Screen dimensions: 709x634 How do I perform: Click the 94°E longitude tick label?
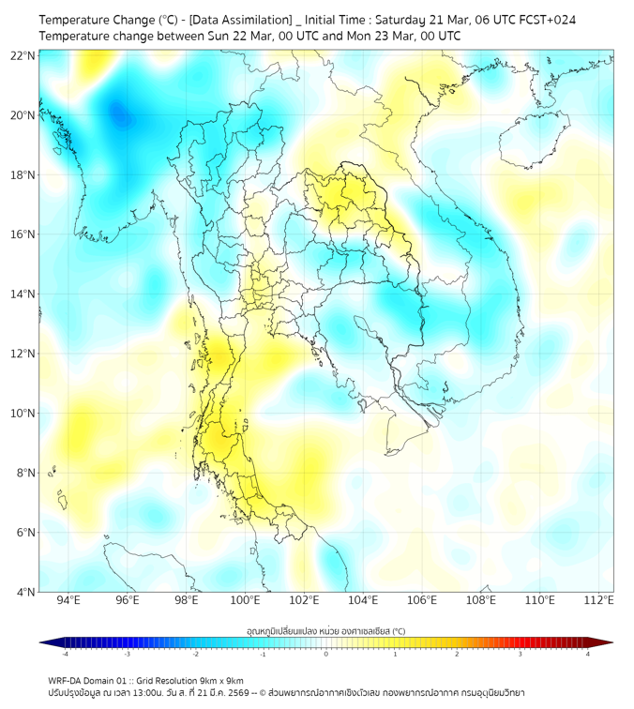click(68, 600)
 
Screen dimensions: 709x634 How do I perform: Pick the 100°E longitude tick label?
click(245, 600)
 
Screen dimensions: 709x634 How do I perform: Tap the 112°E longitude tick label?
click(598, 600)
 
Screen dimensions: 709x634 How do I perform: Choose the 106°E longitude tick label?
click(422, 600)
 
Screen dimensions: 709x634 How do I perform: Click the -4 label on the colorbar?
click(65, 655)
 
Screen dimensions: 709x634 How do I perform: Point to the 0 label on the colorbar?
click(326, 655)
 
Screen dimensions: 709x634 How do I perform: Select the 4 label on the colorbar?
click(588, 655)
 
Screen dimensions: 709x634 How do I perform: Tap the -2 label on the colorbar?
click(195, 655)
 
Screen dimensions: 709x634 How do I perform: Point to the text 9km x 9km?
click(220, 680)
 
